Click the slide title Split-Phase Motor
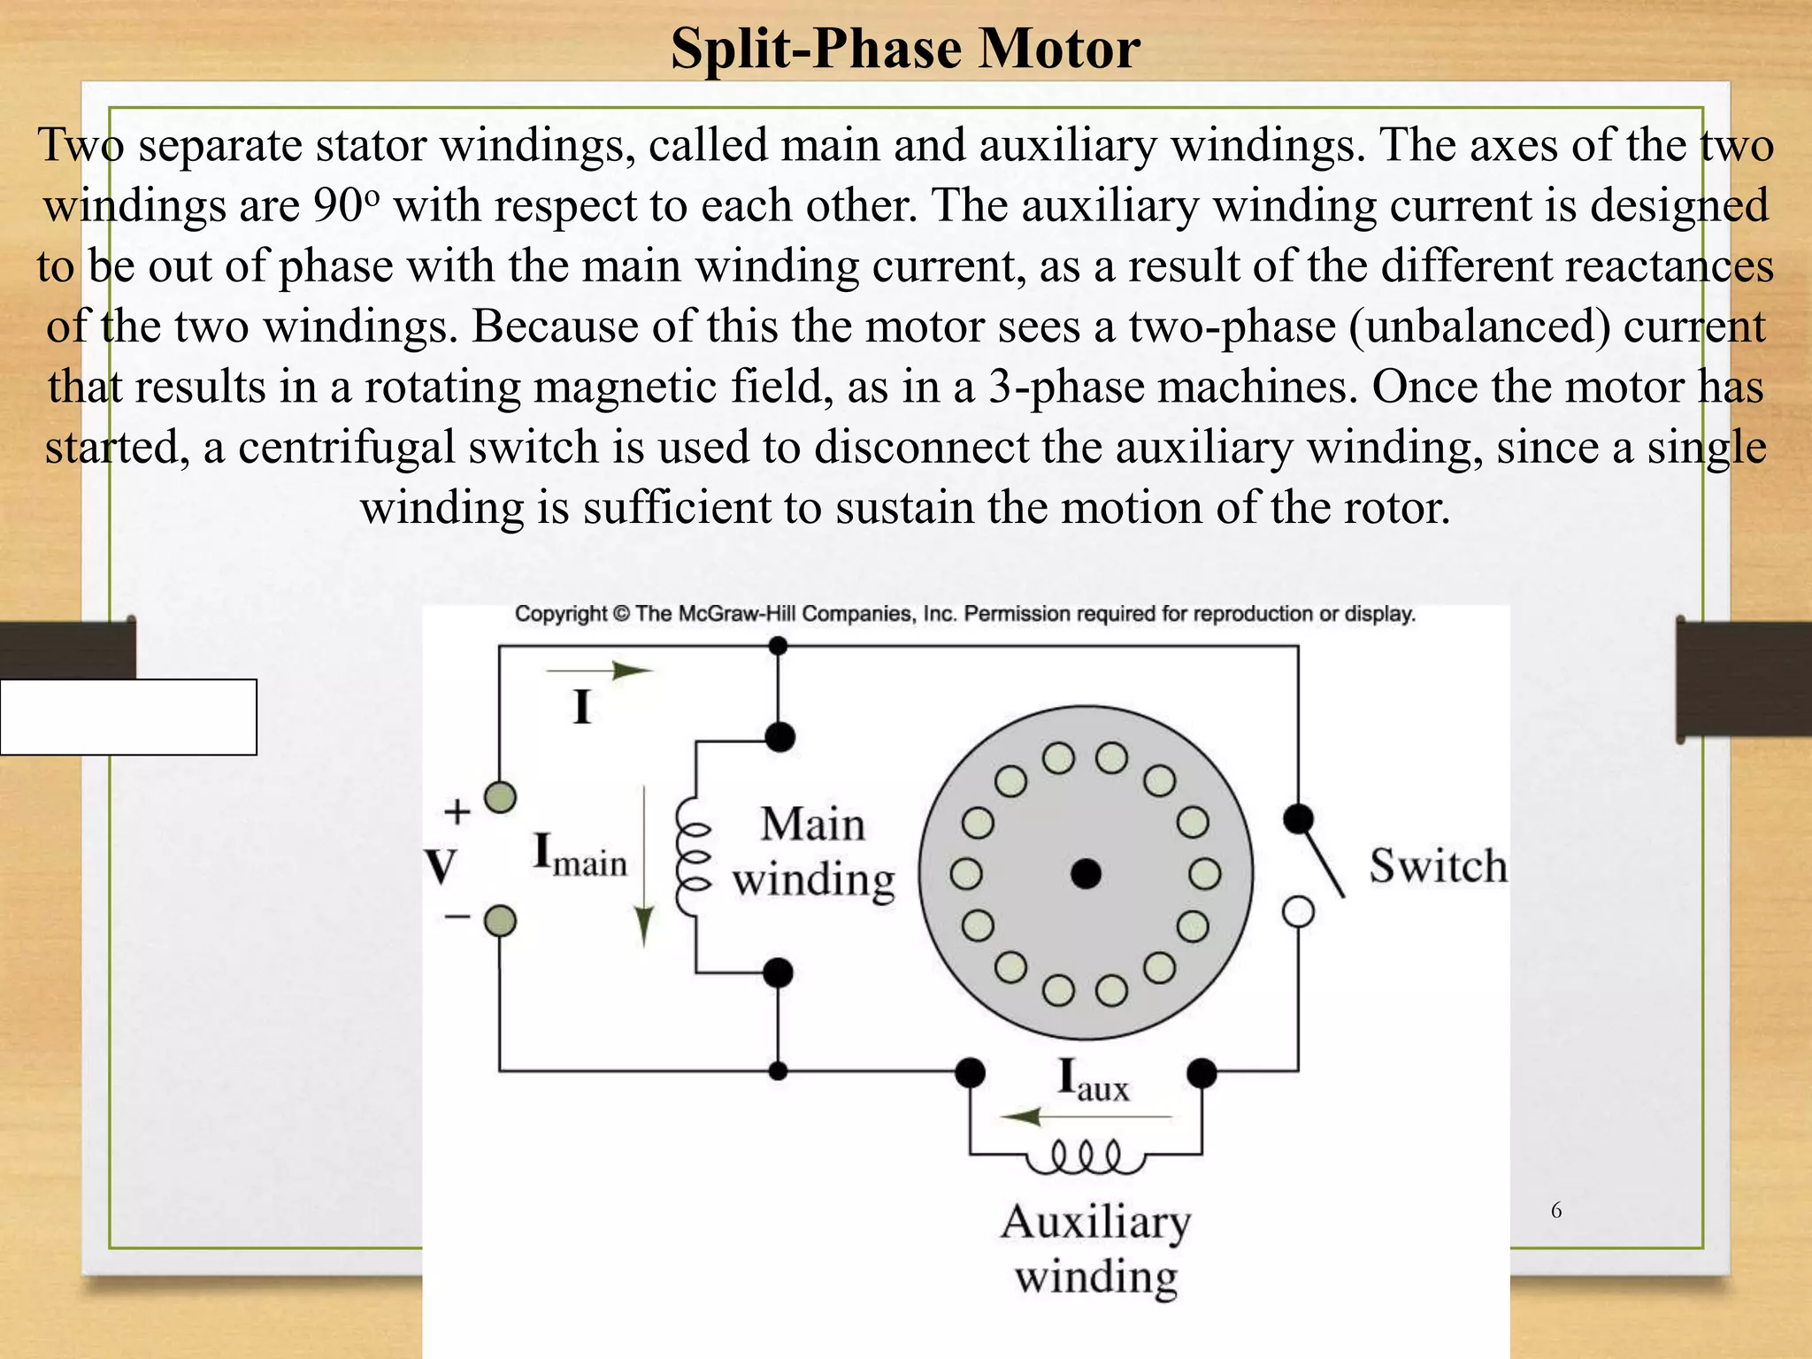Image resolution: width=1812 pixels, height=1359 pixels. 905,48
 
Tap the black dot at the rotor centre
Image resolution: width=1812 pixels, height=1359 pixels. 1086,874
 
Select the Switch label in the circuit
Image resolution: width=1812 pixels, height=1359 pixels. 1438,865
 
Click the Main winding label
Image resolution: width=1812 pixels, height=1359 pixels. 813,851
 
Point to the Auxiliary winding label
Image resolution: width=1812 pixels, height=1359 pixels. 1096,1249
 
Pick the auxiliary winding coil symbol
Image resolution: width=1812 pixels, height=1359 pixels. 1086,1157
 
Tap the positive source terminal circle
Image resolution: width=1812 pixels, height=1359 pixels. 501,797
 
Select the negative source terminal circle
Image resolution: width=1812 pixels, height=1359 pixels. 501,921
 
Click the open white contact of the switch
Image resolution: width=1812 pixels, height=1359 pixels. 1298,911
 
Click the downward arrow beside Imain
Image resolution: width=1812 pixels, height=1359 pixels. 644,867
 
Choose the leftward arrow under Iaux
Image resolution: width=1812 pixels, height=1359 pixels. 1085,1117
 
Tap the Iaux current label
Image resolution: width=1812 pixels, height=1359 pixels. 1094,1080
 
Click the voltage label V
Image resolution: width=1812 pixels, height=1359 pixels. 441,866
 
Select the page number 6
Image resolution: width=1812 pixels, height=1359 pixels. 1556,1210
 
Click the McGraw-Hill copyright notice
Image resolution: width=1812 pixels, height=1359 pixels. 965,614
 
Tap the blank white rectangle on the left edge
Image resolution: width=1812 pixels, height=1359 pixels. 128,717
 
